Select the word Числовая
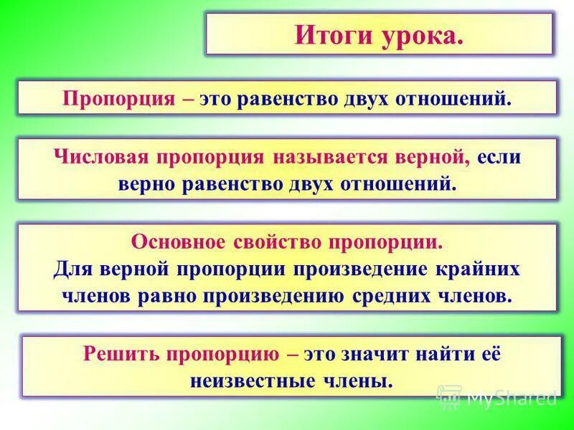click(x=97, y=157)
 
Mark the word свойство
click(x=280, y=242)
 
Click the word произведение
click(x=367, y=269)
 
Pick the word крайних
click(x=483, y=269)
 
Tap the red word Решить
click(x=122, y=353)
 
